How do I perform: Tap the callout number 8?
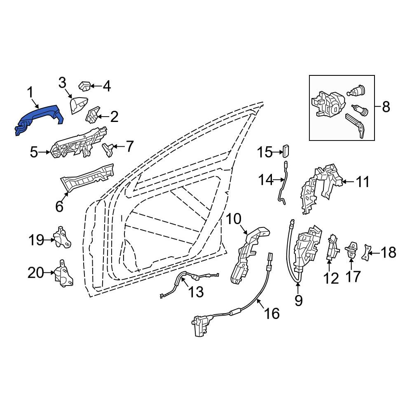point(386,107)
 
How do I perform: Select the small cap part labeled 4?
point(84,86)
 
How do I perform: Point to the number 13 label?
point(196,292)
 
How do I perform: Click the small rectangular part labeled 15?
point(286,150)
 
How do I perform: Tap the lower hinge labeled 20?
point(63,273)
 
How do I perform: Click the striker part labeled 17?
point(351,250)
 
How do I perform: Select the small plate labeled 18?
point(366,253)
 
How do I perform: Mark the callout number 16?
point(272,313)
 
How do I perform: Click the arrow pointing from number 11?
point(348,181)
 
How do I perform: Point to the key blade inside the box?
point(355,125)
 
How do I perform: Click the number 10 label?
point(233,219)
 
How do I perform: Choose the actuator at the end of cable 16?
point(201,326)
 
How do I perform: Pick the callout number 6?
point(59,206)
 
